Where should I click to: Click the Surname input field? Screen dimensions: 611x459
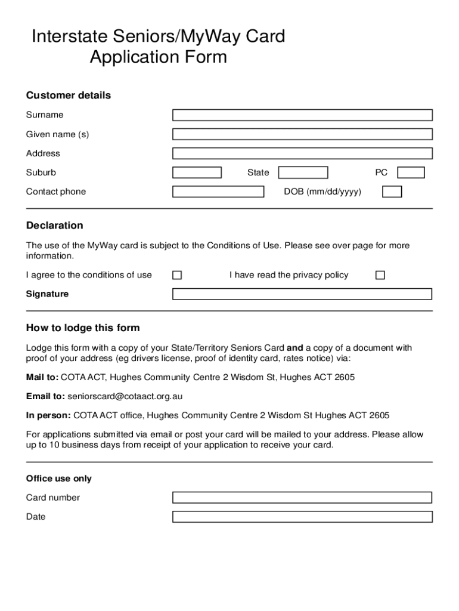[302, 115]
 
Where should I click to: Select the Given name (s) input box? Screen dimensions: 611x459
[302, 134]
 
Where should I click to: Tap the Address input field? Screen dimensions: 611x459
[302, 153]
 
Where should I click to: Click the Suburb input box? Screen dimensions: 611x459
[197, 172]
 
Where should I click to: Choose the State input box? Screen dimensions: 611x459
[303, 172]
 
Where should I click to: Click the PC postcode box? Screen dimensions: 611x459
[411, 172]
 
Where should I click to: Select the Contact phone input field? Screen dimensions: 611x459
[218, 192]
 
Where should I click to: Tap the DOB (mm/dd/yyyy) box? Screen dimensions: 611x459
[392, 192]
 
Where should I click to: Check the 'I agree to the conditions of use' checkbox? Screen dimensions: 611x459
[177, 275]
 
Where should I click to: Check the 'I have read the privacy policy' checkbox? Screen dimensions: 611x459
[380, 275]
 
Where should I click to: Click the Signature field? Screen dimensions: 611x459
[302, 294]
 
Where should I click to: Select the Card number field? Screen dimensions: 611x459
[302, 498]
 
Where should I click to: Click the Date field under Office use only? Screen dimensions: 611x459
[302, 517]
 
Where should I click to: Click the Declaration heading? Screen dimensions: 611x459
[54, 226]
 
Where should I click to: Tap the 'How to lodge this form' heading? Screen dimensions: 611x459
[83, 328]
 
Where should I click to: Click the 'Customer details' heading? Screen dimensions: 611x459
[68, 95]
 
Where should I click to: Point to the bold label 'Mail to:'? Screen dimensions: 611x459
[42, 378]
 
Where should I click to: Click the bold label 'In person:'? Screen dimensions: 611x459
[48, 415]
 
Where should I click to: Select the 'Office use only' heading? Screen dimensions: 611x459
[58, 479]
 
